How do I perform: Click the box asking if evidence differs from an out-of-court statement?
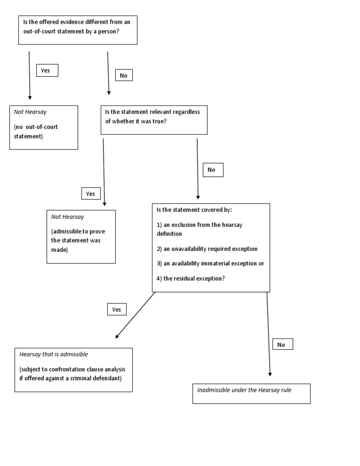77,30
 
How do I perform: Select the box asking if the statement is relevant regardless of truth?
154,120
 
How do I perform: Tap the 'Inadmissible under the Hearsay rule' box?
251,393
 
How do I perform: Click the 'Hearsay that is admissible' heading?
54,354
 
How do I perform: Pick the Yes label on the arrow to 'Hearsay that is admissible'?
117,309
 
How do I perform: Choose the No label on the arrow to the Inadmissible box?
282,345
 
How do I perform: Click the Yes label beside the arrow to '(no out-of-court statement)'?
47,70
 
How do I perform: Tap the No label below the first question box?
124,75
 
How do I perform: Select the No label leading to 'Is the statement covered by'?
213,170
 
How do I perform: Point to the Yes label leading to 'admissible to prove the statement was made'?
91,194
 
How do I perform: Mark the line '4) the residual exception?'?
190,278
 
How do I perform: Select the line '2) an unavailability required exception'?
207,249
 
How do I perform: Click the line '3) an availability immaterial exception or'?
210,263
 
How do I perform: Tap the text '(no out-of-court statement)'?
37,132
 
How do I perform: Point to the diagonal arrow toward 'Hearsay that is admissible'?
135,315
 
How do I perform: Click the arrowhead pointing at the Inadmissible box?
270,374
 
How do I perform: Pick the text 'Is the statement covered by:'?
194,210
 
